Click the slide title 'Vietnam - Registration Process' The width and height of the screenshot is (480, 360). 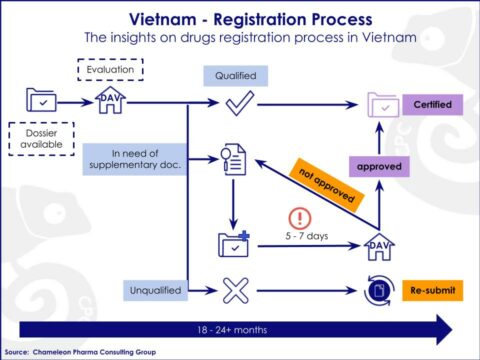point(239,19)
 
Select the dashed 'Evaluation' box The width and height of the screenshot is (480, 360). point(110,70)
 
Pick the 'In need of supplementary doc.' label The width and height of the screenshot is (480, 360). point(133,158)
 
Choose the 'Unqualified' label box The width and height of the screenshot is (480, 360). point(155,290)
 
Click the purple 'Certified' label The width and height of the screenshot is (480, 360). point(430,103)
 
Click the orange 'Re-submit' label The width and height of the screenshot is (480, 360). point(432,292)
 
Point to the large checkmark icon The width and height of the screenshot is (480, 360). point(236,103)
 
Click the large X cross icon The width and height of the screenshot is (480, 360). point(235,291)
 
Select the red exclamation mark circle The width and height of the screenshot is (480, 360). point(299,217)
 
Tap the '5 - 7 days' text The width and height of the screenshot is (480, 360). point(298,238)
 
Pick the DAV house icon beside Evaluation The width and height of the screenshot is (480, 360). point(107,100)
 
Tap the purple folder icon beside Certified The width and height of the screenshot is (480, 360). point(382,104)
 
